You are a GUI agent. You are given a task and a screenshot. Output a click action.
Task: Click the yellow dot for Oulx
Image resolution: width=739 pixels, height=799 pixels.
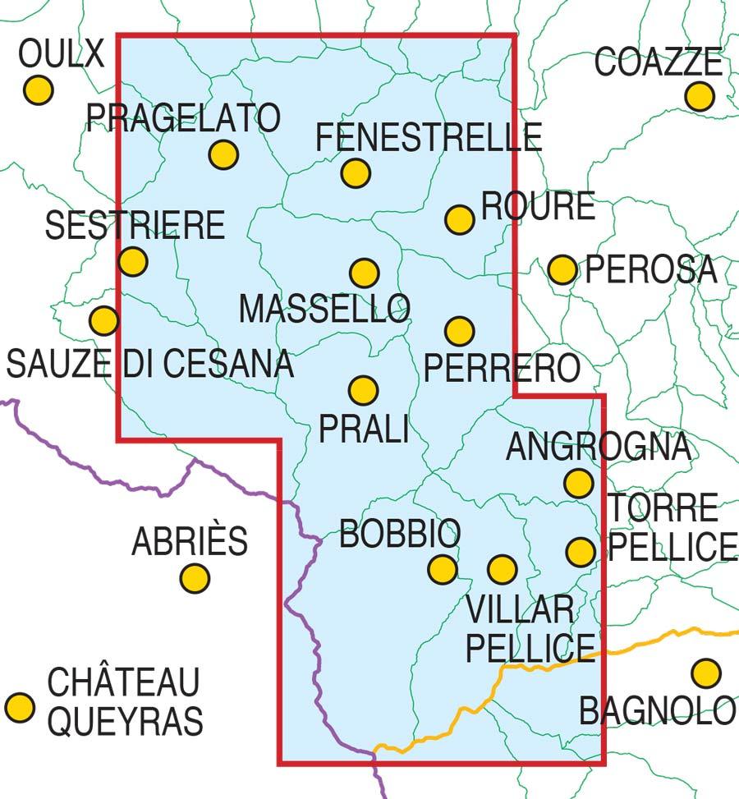pos(38,90)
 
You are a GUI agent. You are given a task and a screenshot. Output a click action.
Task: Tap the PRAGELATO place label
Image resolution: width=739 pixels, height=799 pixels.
pos(183,118)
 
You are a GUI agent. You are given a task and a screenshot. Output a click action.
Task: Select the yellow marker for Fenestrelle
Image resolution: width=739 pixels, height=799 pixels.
pos(356,173)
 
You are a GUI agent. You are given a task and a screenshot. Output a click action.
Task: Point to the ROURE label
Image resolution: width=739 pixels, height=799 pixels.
pos(538,206)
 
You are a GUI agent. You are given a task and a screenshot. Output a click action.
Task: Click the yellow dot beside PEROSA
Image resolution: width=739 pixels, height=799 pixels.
pos(562,269)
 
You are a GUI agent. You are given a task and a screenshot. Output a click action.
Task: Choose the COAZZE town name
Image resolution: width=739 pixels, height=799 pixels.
pos(659,62)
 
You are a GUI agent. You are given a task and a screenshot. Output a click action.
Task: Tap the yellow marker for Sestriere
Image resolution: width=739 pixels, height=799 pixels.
pos(133,262)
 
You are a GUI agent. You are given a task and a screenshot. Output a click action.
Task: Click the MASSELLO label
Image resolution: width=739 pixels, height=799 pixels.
pos(324,309)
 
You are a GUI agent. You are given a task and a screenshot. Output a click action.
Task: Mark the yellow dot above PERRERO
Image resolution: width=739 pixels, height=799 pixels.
pos(460,331)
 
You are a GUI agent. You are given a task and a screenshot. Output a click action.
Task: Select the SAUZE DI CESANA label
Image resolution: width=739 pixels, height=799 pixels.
pos(150,363)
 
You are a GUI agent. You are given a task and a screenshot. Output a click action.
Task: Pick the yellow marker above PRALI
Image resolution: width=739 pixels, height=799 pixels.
pos(364,390)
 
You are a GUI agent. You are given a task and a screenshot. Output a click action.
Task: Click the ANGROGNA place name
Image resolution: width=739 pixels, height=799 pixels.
pos(598,448)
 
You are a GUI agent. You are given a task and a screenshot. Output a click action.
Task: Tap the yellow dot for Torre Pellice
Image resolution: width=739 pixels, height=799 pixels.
pos(581,551)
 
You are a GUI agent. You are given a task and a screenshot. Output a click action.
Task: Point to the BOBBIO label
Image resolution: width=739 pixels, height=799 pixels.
pos(400,535)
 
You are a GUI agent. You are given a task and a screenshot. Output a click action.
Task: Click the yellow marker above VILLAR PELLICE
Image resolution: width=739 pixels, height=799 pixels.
pos(502,568)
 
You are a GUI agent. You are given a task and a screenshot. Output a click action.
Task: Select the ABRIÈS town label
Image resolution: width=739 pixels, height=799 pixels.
pos(190,541)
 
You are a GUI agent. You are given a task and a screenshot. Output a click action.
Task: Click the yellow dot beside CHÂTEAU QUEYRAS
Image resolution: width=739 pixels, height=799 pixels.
pos(20,706)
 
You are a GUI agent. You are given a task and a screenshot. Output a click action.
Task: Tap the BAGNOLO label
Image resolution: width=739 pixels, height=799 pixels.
pos(658,710)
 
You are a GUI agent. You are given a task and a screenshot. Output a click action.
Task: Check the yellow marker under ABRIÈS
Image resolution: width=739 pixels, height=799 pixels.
pos(195,578)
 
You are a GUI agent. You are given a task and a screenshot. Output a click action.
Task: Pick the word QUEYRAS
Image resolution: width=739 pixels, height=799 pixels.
pos(125,721)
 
